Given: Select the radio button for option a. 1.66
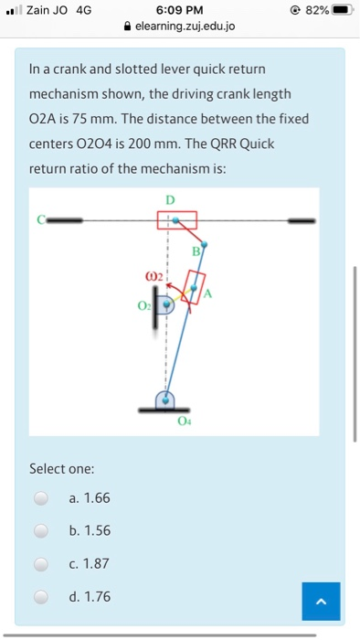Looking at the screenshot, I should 42,498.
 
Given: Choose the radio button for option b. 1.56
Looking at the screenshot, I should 42,531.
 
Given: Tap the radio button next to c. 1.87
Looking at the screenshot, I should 42,564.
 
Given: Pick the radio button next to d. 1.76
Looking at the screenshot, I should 42,597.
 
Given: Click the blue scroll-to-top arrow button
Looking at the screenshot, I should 321,601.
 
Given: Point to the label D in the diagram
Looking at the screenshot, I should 169,199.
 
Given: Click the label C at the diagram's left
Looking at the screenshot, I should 41,219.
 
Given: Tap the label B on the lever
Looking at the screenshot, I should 195,251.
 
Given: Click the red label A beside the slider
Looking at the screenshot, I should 207,293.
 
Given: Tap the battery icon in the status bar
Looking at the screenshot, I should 342,10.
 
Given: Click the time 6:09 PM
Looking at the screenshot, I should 179,10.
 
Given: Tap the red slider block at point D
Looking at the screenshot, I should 175,220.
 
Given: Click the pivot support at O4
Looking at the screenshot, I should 165,401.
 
